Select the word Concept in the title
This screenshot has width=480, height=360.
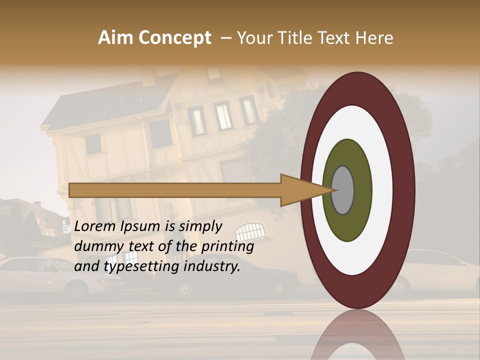(175, 38)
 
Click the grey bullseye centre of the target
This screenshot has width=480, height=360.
(343, 190)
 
